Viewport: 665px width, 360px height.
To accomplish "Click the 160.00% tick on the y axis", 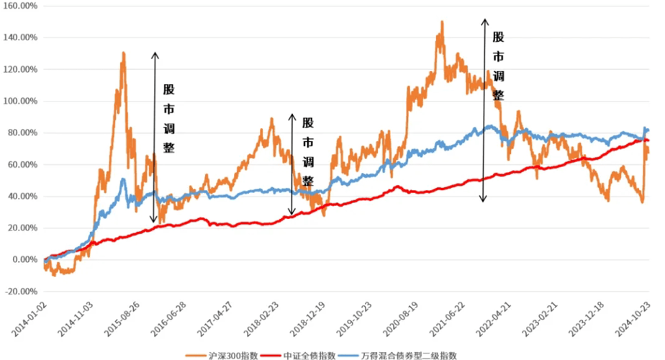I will click(20, 6).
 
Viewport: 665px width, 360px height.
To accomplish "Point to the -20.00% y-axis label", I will click(20, 292).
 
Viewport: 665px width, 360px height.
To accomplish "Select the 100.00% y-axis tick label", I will click(20, 101).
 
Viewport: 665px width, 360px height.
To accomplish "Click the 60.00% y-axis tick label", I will click(22, 165).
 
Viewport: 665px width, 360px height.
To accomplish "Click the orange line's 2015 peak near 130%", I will click(124, 53).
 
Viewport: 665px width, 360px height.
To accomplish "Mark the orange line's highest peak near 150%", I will click(441, 22).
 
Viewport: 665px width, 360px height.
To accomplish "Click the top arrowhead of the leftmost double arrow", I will click(153, 53).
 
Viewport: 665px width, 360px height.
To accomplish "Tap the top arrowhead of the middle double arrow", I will click(291, 114).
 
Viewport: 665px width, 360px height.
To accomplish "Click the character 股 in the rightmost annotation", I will click(498, 37).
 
